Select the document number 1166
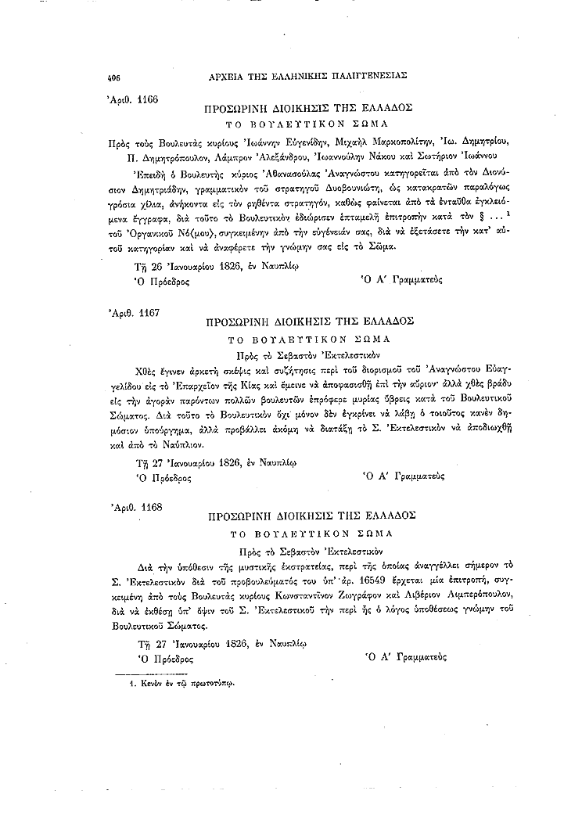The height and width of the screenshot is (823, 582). click(x=144, y=99)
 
